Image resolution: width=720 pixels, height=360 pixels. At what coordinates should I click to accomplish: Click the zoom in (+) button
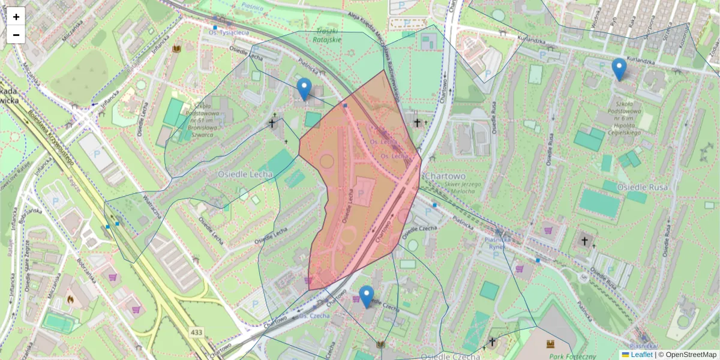tap(16, 17)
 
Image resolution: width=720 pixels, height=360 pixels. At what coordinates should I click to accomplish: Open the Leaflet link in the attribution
tap(641, 355)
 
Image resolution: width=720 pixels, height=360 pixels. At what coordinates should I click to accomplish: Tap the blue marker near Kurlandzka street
tap(619, 69)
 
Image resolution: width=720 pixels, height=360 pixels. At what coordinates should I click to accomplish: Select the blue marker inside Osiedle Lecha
tap(304, 89)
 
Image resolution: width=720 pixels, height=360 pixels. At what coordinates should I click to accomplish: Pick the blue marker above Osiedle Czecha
tap(366, 296)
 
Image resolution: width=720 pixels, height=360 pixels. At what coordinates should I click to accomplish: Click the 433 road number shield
tap(196, 331)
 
